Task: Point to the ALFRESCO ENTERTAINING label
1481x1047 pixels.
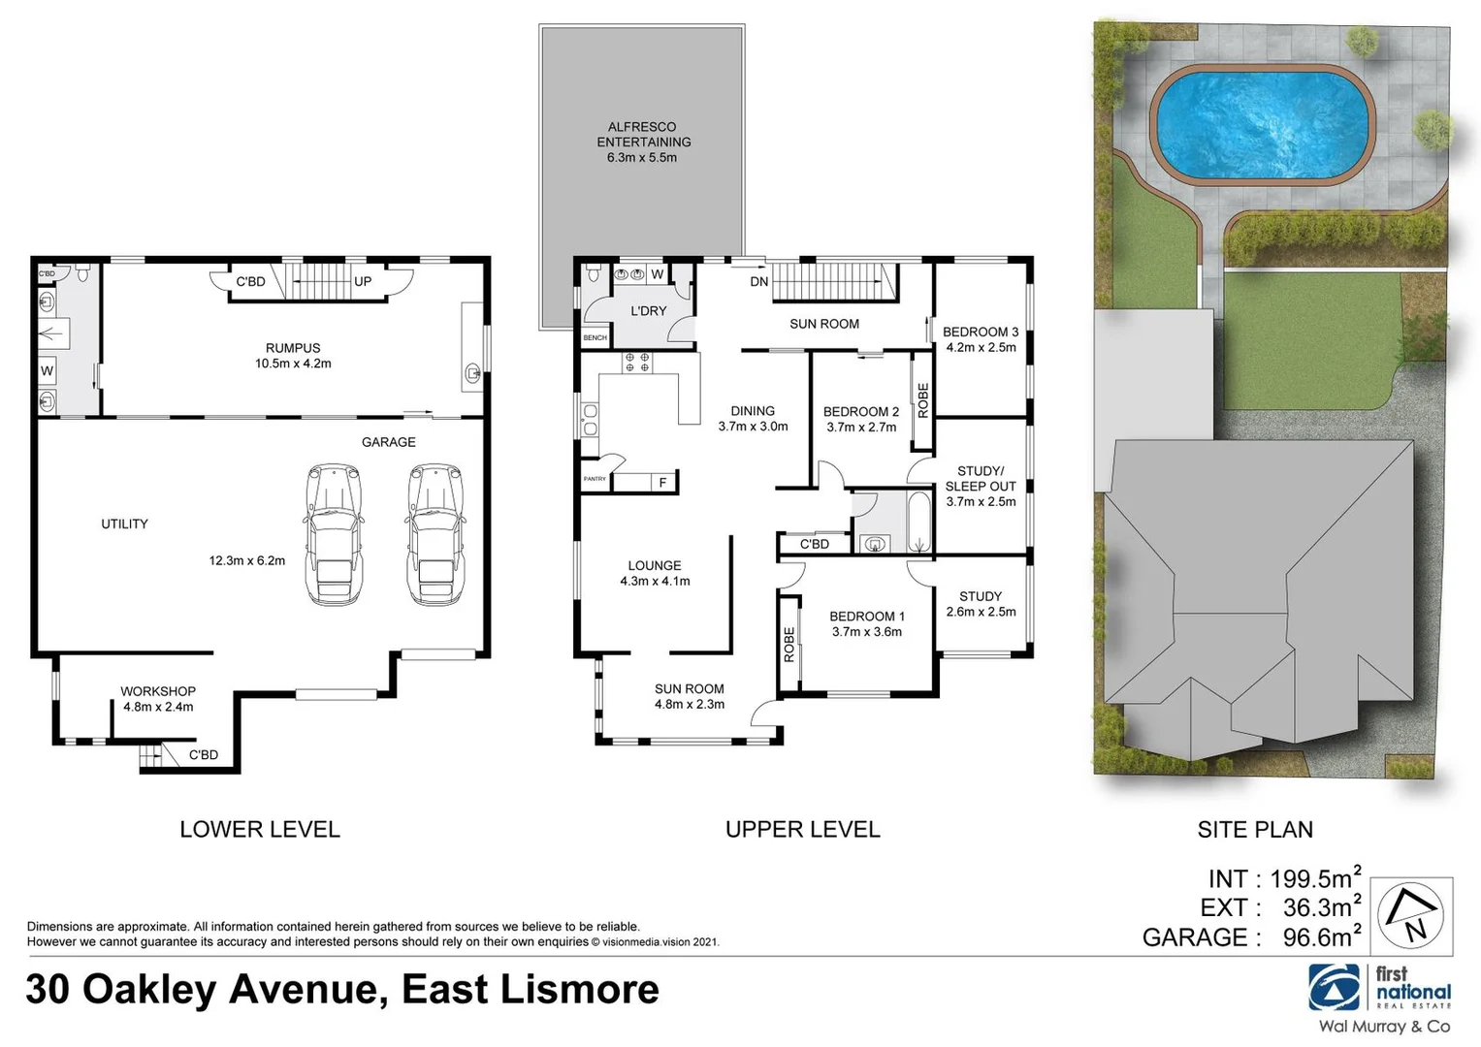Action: click(x=643, y=134)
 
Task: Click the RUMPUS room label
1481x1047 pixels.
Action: click(x=293, y=348)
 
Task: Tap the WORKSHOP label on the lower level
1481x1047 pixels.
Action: click(x=158, y=691)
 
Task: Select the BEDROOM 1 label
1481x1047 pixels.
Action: click(x=867, y=617)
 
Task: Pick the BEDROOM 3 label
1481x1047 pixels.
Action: click(x=981, y=332)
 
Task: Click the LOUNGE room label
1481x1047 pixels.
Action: click(x=655, y=565)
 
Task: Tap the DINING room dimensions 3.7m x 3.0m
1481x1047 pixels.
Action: click(x=753, y=427)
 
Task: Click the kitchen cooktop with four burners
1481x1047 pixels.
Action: click(x=637, y=363)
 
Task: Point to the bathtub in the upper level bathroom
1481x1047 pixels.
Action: click(x=918, y=523)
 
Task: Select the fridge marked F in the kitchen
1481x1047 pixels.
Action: click(x=663, y=482)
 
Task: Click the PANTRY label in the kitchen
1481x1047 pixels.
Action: click(x=595, y=479)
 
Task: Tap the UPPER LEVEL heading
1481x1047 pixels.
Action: click(x=802, y=830)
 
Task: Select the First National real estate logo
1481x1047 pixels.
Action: click(x=1380, y=989)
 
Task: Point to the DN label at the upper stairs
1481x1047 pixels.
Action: click(x=759, y=282)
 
